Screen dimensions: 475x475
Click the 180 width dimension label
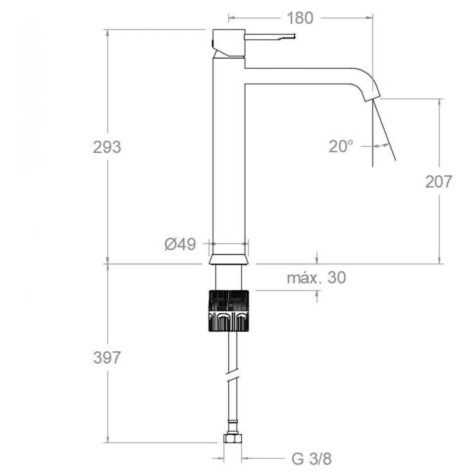(300, 18)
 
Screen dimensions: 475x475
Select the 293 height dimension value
(107, 147)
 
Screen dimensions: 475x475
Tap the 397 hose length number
(107, 358)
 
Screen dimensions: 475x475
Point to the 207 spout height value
(438, 182)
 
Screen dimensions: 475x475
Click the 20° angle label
(341, 147)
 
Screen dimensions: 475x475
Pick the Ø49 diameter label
(180, 244)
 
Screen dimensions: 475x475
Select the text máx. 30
(316, 277)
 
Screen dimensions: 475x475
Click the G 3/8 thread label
(312, 459)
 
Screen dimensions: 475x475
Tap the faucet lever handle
(269, 37)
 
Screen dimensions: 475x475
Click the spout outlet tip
(372, 97)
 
